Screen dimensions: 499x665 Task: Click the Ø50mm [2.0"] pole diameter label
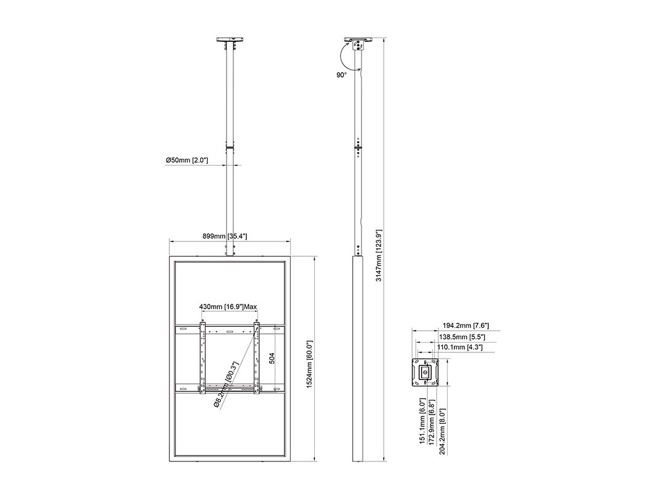186,160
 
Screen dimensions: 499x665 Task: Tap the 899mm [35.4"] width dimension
225,236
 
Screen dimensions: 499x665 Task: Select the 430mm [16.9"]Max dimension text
228,306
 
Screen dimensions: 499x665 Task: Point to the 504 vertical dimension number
272,359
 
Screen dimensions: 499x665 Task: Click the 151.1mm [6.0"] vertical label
422,426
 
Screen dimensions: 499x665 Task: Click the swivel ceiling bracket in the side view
357,44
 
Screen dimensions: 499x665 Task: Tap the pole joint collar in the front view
231,147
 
